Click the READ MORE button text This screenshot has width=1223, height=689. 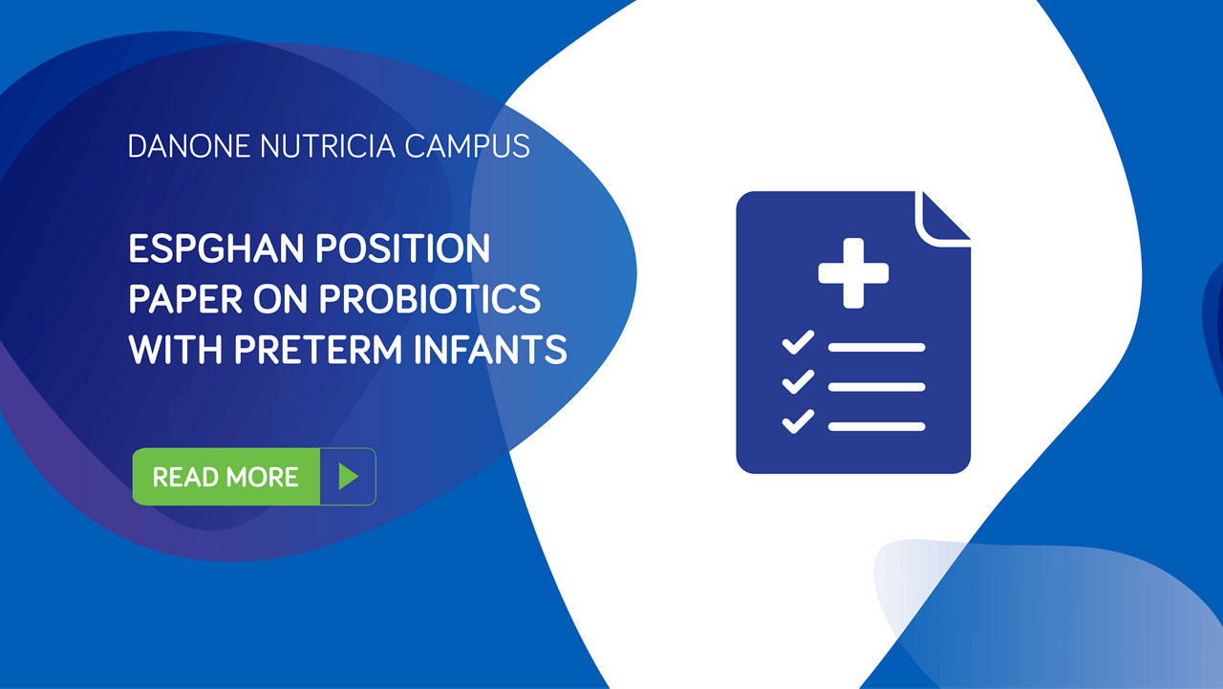click(x=225, y=477)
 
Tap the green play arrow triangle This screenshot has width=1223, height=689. click(x=348, y=476)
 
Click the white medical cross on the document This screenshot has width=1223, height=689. click(x=853, y=273)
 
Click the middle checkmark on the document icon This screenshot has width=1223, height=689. click(x=797, y=381)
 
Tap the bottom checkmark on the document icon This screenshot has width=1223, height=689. click(x=797, y=420)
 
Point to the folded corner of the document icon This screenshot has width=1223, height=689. click(x=940, y=216)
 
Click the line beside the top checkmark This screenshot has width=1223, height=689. click(x=876, y=347)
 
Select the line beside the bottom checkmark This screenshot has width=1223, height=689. click(x=876, y=426)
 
